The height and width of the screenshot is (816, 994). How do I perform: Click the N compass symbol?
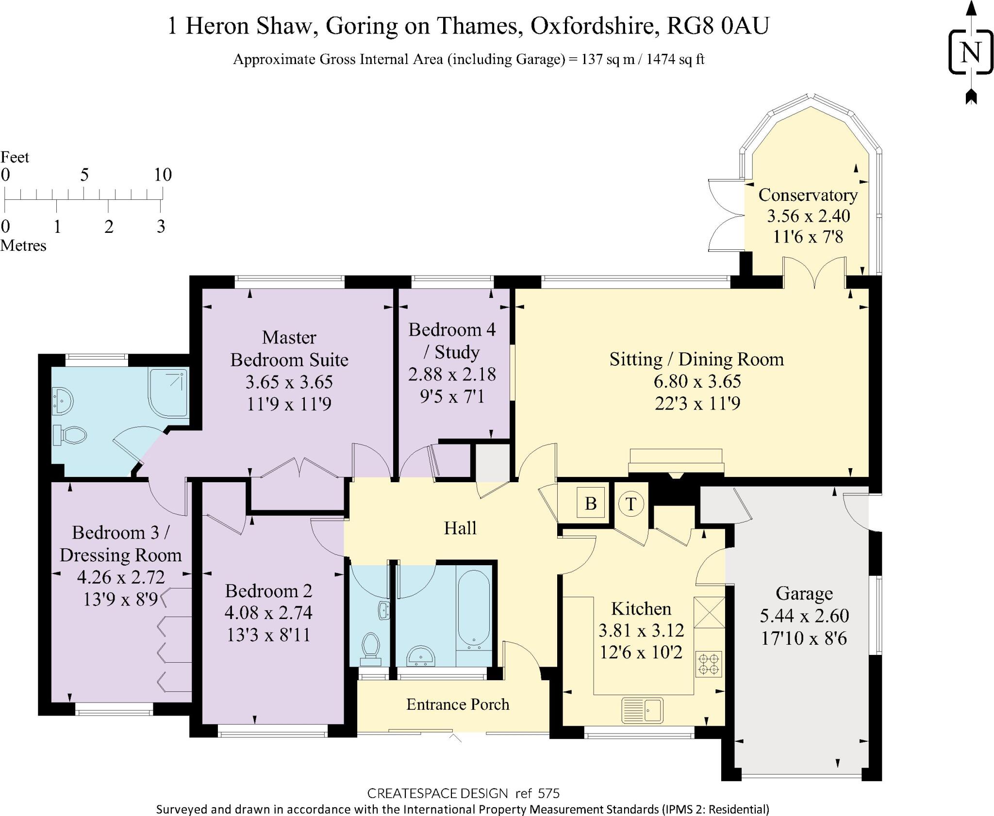pos(971,52)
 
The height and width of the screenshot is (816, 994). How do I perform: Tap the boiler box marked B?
pos(591,503)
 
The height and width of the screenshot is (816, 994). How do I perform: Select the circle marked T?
pos(631,504)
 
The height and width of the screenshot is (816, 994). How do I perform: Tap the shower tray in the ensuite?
pos(168,392)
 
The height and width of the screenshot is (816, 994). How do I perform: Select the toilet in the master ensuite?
pos(70,435)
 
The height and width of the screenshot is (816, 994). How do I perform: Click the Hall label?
pos(460,528)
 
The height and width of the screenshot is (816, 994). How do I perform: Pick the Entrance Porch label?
pos(458,704)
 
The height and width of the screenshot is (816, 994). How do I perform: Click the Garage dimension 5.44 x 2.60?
pos(804,616)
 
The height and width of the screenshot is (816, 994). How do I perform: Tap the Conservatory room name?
pos(808,195)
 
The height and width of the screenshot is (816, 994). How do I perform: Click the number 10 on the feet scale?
pos(163,175)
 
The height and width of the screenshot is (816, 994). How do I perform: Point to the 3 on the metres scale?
pos(161,227)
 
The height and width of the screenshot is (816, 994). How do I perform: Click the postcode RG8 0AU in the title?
pos(718,26)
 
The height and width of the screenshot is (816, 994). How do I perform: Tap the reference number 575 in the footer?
pos(548,793)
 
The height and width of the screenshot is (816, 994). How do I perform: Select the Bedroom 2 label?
pos(268,591)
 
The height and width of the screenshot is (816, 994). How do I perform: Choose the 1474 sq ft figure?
pos(675,59)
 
